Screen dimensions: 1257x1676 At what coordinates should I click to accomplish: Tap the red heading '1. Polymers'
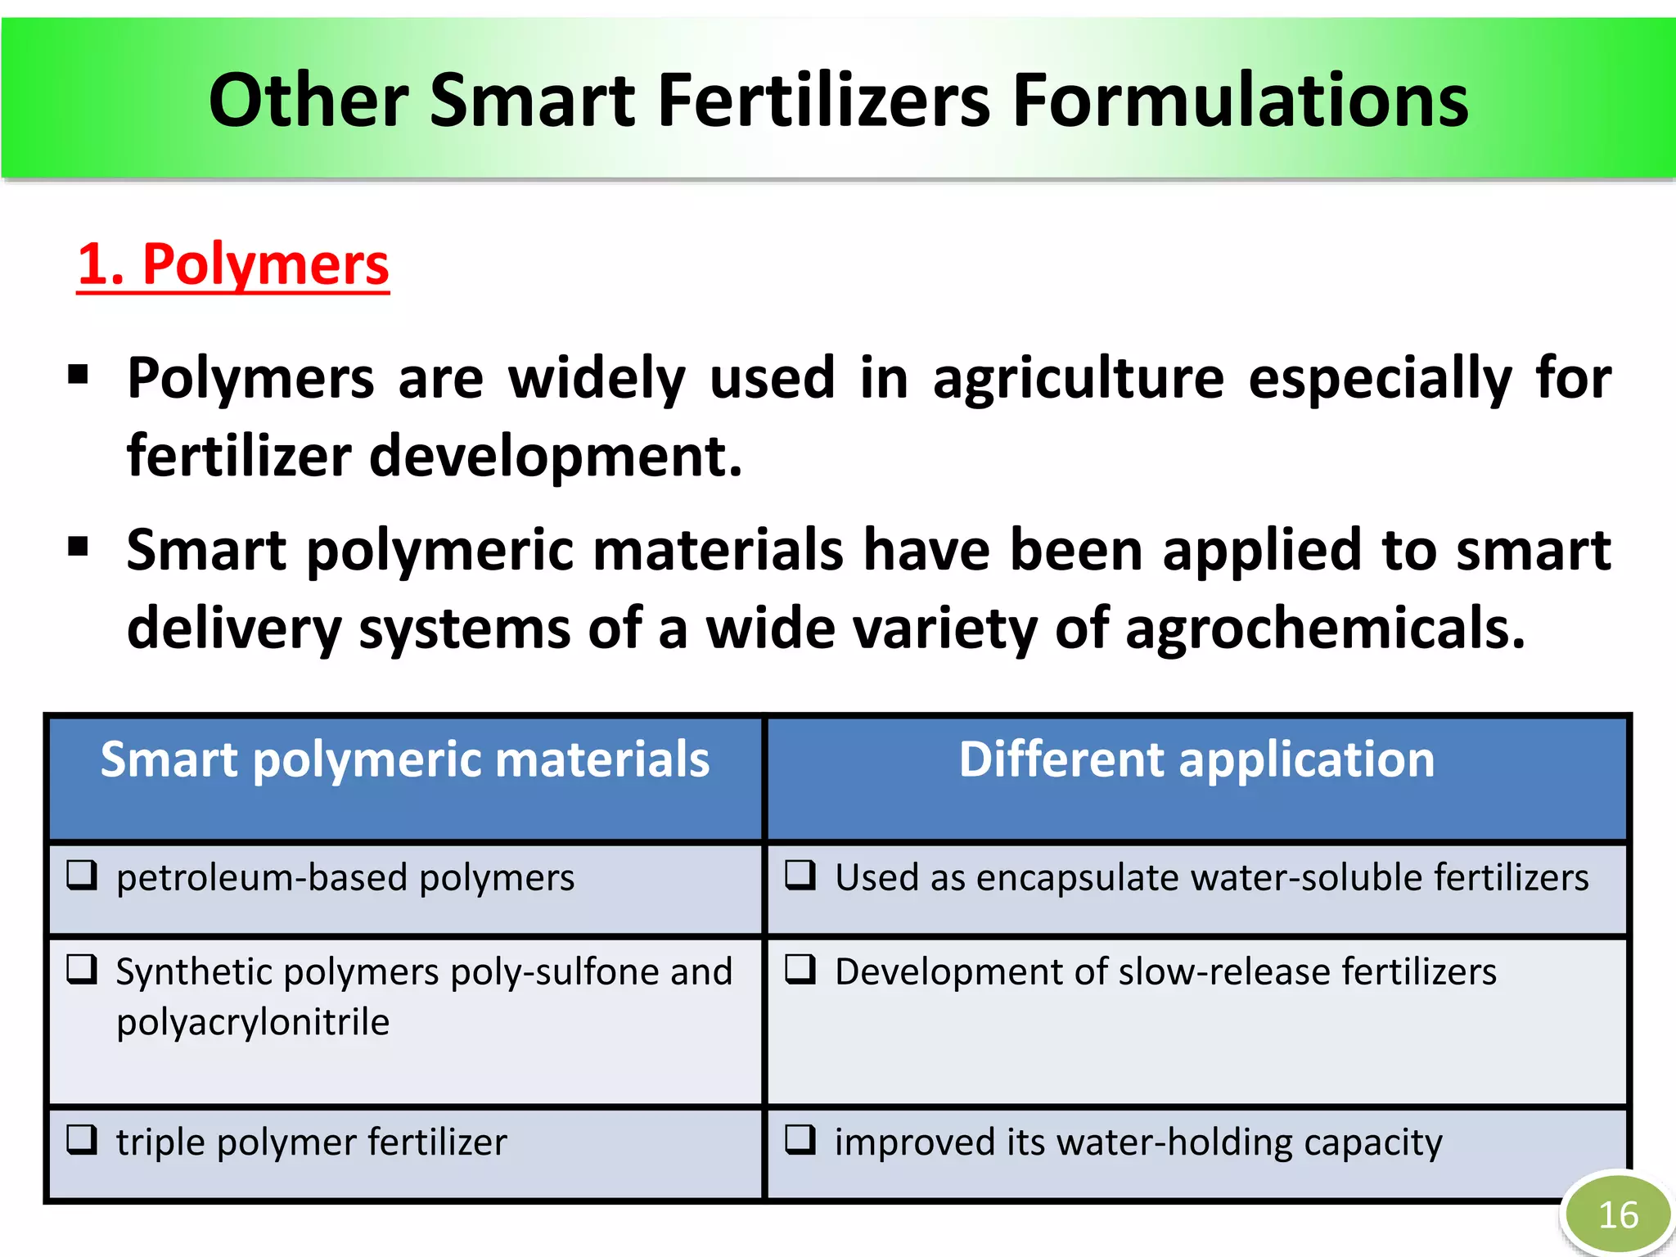click(233, 264)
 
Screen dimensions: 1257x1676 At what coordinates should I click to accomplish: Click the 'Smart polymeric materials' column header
click(405, 759)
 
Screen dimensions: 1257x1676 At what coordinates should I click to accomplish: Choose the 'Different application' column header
click(1196, 759)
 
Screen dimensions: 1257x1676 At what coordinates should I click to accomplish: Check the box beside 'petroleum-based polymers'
click(83, 875)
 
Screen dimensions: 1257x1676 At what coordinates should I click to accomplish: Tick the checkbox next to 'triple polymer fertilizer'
click(83, 1139)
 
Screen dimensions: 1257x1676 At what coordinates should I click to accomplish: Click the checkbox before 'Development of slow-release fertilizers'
click(800, 969)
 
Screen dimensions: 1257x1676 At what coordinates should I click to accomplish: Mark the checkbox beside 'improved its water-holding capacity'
click(800, 1139)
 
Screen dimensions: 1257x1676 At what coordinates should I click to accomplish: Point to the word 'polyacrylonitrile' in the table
click(253, 1022)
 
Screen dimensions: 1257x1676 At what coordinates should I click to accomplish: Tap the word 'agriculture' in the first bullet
click(1079, 379)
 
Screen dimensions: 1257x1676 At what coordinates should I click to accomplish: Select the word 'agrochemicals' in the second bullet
click(1326, 628)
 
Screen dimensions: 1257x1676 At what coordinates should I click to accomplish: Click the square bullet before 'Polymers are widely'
click(79, 376)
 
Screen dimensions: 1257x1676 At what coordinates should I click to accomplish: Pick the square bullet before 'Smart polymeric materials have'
click(79, 546)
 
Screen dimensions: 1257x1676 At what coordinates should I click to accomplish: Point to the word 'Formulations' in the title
click(1240, 101)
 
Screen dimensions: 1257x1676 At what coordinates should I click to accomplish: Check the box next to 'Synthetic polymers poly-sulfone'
click(83, 969)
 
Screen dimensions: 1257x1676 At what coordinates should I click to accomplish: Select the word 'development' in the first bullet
click(556, 457)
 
